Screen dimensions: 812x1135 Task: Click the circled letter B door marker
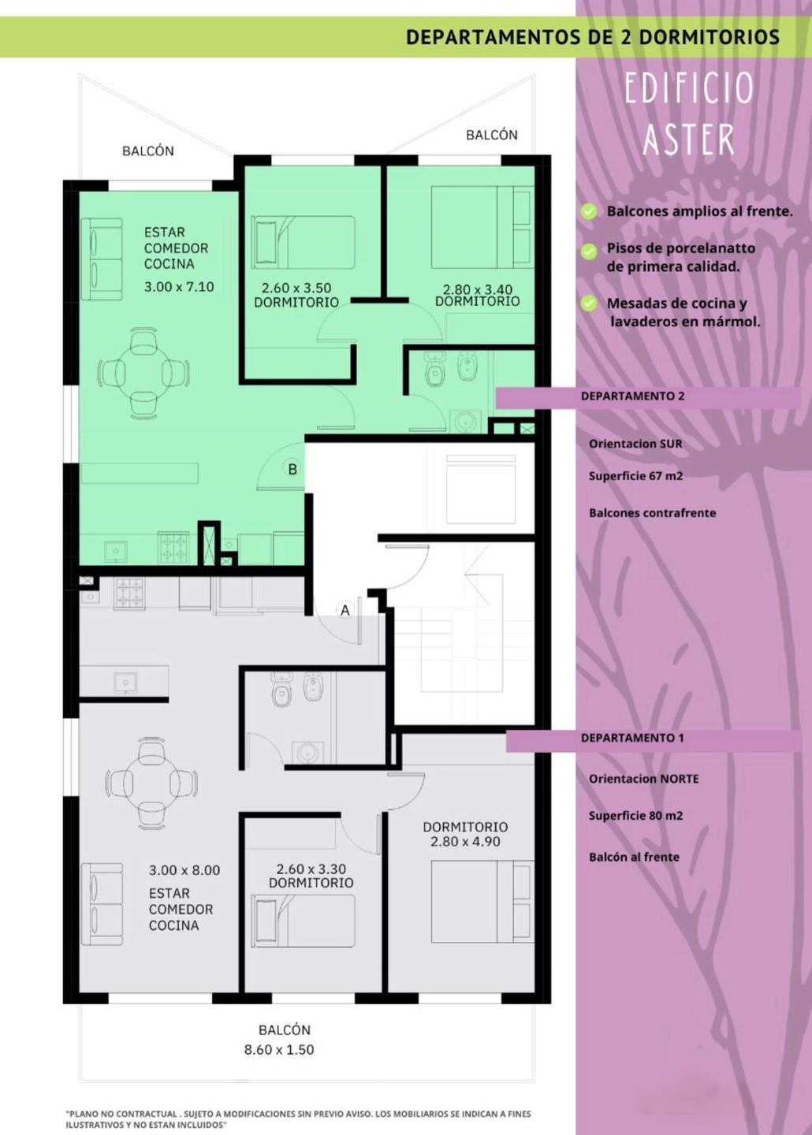[292, 469]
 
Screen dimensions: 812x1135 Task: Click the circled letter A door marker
[345, 610]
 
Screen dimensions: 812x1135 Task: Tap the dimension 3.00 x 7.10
[179, 287]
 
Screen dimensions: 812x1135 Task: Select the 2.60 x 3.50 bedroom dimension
[296, 288]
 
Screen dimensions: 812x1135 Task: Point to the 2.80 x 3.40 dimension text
[478, 289]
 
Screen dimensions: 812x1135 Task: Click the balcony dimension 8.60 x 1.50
[279, 1049]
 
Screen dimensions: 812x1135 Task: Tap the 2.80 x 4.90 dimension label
[465, 842]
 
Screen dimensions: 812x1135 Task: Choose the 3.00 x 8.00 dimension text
[184, 870]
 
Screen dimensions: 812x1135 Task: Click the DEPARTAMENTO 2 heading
[632, 396]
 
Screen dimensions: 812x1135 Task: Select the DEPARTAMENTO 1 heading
[632, 739]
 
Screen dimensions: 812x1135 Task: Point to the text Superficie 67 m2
[635, 476]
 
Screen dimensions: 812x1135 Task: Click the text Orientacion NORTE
[644, 779]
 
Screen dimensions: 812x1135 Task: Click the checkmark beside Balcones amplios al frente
[588, 211]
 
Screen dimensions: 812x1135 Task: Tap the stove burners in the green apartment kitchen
[173, 548]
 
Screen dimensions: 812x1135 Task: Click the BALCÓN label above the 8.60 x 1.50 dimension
[284, 1029]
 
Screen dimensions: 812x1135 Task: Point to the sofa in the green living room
[102, 259]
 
